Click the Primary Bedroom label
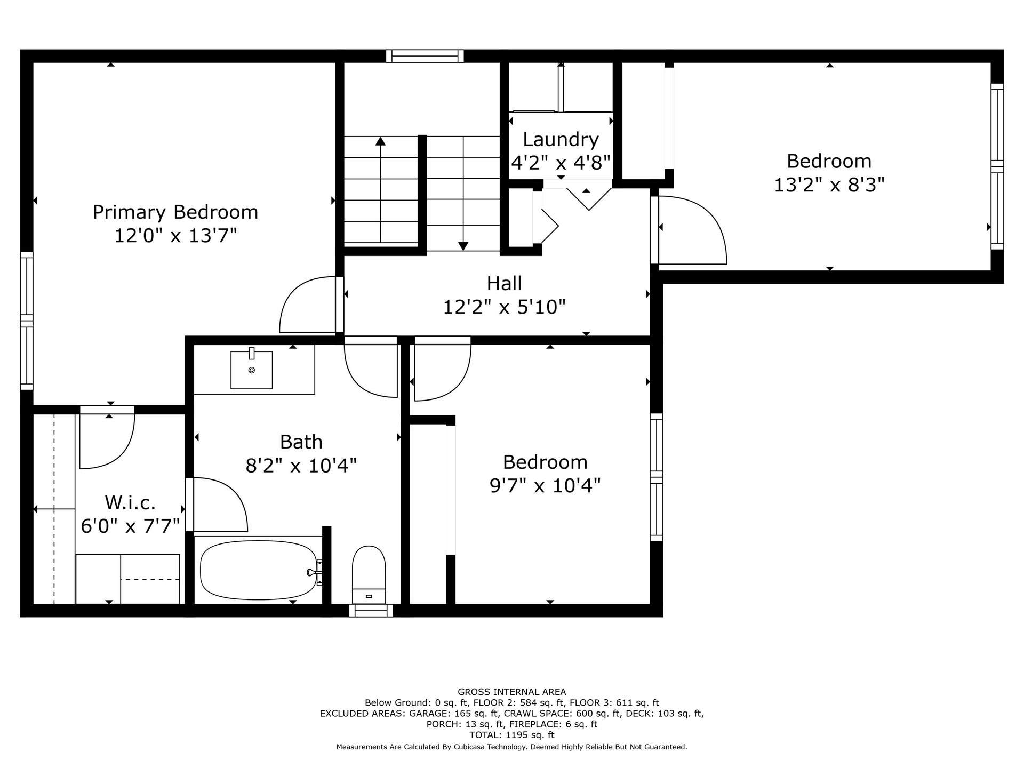(175, 212)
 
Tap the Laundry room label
(561, 139)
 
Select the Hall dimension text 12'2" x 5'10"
(505, 307)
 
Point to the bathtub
(259, 570)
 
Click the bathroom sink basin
(251, 370)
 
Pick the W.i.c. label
(131, 502)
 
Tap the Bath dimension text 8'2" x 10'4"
(301, 466)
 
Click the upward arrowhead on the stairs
(380, 141)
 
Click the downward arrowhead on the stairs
(463, 246)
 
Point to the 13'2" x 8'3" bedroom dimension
(829, 185)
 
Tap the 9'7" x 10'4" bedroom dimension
(545, 485)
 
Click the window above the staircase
(425, 56)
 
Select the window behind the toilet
(371, 611)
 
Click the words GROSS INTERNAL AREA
(512, 692)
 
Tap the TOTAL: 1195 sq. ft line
(512, 735)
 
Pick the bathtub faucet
(315, 572)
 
